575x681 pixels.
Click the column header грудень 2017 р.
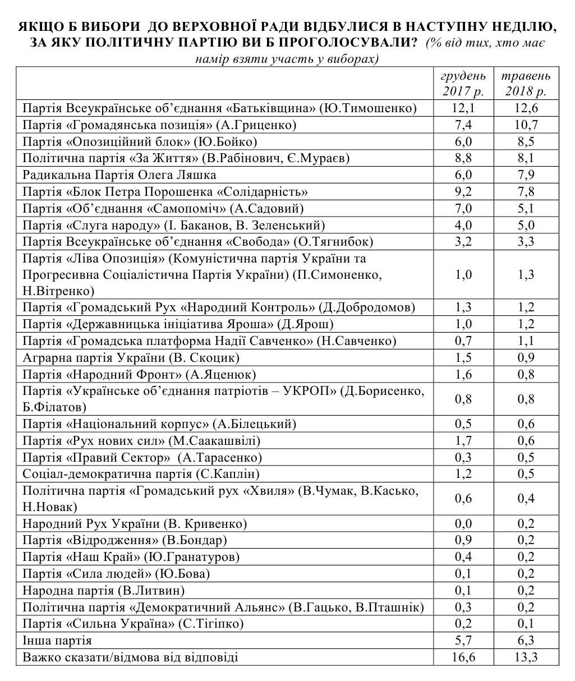[463, 83]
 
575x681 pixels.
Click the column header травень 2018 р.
[526, 83]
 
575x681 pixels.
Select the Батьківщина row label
[219, 108]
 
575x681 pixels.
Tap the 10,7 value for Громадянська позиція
[526, 125]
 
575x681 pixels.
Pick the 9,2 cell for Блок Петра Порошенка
[463, 192]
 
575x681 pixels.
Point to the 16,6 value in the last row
[463, 657]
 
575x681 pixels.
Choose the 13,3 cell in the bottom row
[526, 657]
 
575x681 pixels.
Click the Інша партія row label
[57, 640]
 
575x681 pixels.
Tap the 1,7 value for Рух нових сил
[463, 441]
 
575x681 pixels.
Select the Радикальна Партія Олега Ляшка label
[119, 175]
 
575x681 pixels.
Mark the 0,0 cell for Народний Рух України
[463, 524]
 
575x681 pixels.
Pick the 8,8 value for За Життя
[463, 158]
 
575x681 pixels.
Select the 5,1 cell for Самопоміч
[526, 209]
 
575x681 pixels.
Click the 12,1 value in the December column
[463, 108]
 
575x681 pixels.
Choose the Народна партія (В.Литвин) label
[104, 590]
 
